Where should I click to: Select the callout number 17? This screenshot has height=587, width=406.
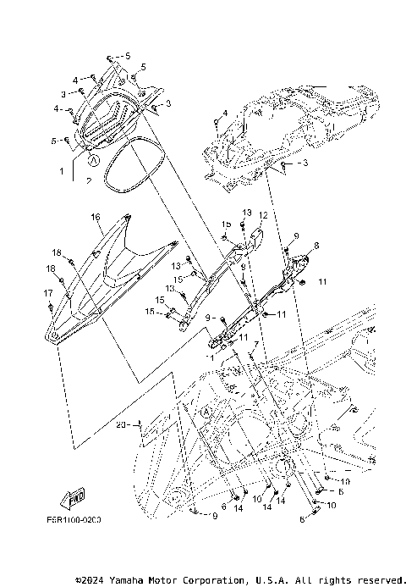48,292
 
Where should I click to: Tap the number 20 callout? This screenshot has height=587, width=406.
120,425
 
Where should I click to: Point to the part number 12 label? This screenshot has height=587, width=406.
263,216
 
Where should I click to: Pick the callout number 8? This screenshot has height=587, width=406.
316,246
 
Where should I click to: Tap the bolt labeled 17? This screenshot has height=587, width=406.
52,305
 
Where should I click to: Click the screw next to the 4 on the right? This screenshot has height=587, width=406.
216,124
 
